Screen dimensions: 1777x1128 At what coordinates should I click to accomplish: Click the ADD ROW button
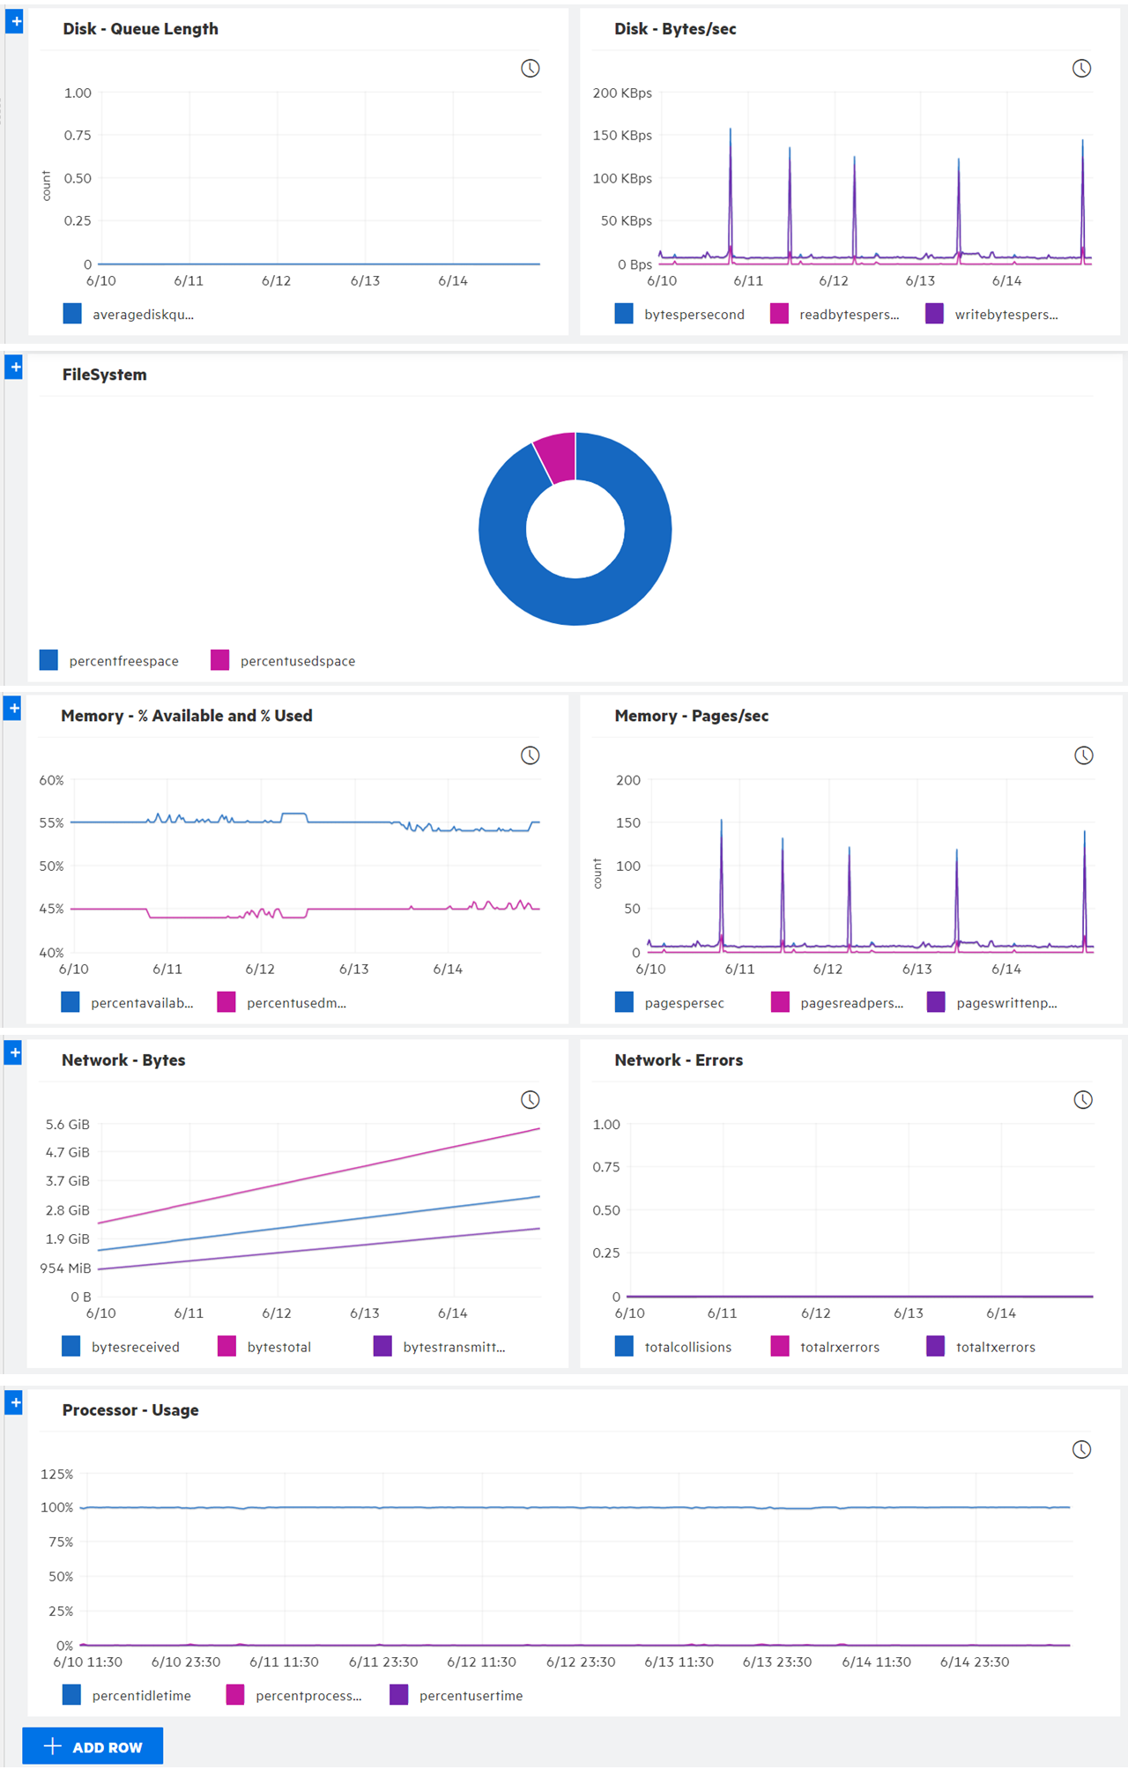93,1746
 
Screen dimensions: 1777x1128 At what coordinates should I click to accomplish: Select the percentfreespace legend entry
109,660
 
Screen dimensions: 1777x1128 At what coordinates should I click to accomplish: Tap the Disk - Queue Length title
140,29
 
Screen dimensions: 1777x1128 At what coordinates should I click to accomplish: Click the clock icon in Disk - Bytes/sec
1081,69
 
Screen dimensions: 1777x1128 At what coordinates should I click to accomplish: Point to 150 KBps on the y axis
622,135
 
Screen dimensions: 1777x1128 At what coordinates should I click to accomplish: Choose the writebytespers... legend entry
992,314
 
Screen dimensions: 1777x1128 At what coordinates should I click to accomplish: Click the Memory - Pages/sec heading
691,716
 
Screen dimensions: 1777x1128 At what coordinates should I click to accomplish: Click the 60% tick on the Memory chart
51,780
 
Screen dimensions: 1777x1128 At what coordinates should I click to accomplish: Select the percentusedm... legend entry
282,1002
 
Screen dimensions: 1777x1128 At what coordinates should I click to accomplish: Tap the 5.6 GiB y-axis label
67,1124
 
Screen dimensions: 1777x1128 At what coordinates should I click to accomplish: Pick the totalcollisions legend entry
674,1347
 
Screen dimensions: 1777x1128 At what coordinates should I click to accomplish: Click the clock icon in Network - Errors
1082,1099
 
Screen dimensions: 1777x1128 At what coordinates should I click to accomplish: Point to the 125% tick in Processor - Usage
56,1474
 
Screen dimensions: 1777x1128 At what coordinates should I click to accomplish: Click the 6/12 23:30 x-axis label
580,1662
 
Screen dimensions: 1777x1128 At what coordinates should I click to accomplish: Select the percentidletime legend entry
127,1695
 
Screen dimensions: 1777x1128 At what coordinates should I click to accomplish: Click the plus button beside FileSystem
14,367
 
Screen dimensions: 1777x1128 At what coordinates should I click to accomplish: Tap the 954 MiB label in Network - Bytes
65,1268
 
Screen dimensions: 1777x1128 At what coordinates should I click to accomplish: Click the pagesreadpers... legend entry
837,1002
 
